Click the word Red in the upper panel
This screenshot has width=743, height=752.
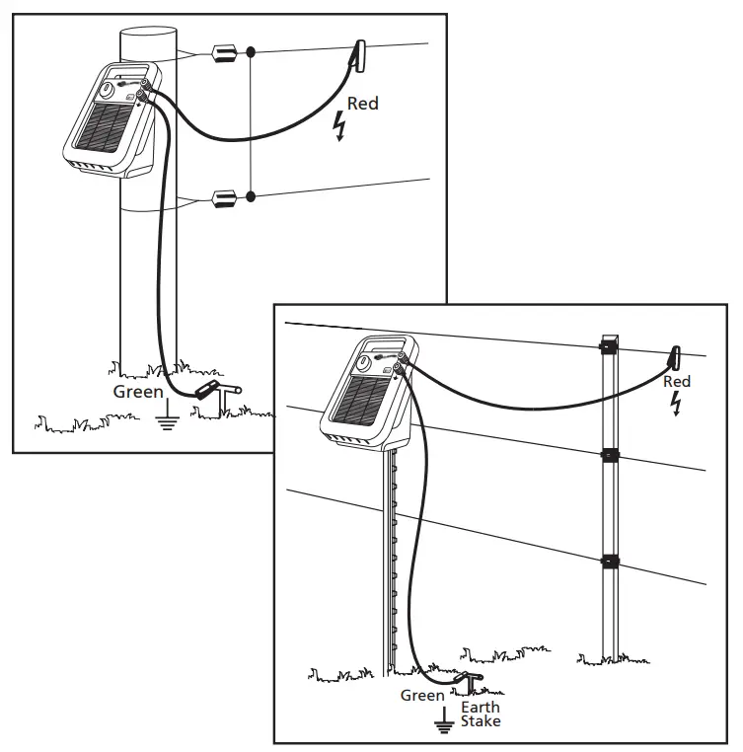pyautogui.click(x=362, y=104)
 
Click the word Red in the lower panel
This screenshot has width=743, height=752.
pyautogui.click(x=677, y=382)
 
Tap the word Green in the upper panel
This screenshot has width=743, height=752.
pyautogui.click(x=138, y=393)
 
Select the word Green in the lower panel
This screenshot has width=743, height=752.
pyautogui.click(x=421, y=696)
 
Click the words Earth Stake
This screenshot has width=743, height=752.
pyautogui.click(x=481, y=714)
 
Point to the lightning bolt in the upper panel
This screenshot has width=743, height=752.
pyautogui.click(x=341, y=126)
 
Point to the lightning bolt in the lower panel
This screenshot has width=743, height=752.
pyautogui.click(x=676, y=403)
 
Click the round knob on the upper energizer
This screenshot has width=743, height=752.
pyautogui.click(x=106, y=90)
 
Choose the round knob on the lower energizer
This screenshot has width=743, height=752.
pyautogui.click(x=365, y=363)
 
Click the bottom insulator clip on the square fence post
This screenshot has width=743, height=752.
pyautogui.click(x=610, y=562)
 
